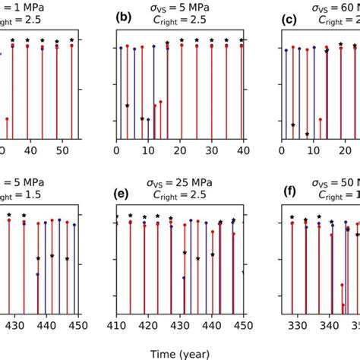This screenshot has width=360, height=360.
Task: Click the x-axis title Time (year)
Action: (x=179, y=353)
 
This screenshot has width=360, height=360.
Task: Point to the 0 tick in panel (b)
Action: (x=117, y=151)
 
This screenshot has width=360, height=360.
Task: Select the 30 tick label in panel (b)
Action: (x=211, y=151)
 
